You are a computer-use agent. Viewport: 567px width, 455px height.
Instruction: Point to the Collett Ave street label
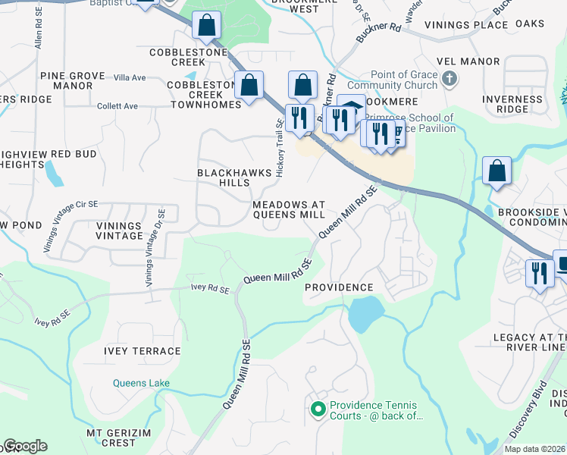[117, 106]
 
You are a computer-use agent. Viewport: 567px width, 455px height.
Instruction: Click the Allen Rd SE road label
[36, 30]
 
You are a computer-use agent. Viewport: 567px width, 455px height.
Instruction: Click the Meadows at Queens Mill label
[288, 210]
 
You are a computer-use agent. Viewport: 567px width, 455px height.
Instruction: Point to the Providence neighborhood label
[339, 287]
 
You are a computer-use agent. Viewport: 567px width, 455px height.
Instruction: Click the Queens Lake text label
[141, 383]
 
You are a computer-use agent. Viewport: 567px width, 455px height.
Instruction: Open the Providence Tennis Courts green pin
[318, 410]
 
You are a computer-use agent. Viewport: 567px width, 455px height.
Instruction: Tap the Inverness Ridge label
[512, 104]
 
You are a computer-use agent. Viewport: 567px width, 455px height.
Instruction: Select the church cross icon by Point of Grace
[450, 78]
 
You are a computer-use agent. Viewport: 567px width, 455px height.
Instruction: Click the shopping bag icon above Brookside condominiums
[497, 171]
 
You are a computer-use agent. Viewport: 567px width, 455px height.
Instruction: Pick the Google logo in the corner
[25, 446]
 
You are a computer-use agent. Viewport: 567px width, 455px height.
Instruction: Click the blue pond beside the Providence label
[365, 312]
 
